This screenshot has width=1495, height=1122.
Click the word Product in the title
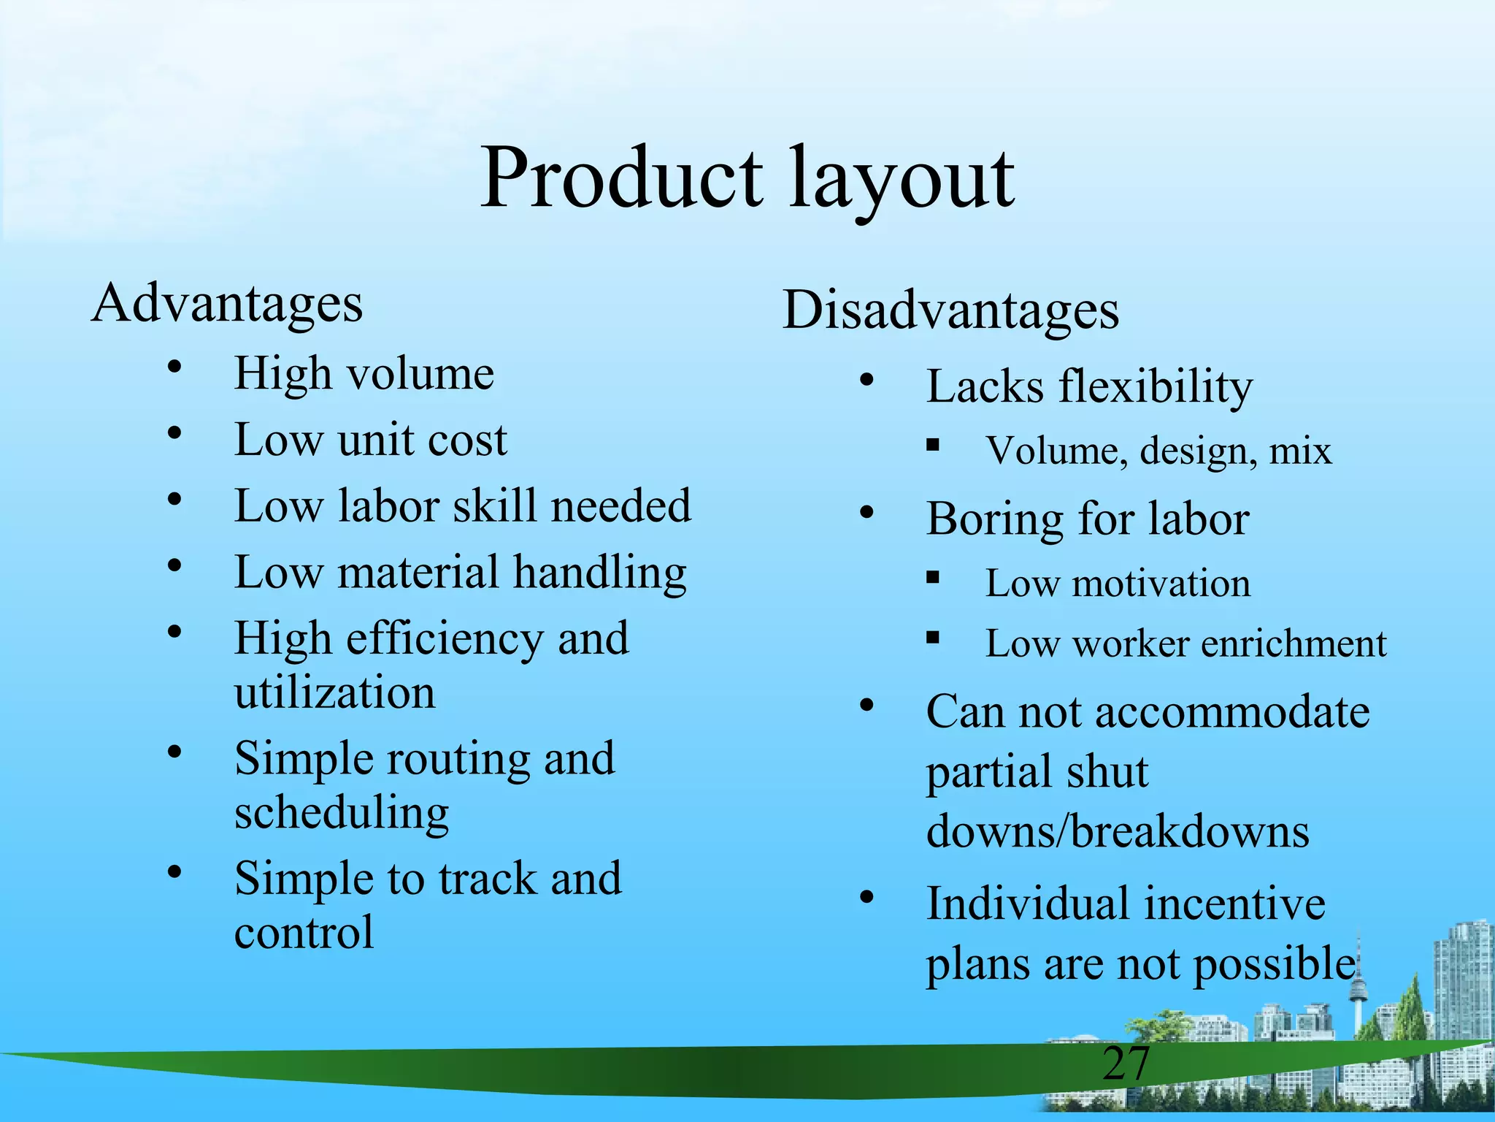tap(621, 179)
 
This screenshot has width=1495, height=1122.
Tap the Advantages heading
tap(227, 303)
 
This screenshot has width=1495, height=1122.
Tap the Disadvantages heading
tap(950, 310)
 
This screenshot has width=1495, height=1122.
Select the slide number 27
tap(1126, 1064)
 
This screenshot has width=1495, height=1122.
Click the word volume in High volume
tap(420, 374)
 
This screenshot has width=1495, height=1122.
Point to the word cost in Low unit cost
tap(467, 440)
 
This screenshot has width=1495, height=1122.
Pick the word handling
tap(599, 573)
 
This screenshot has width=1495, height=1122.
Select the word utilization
tap(334, 692)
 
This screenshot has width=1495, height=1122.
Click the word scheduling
tap(342, 813)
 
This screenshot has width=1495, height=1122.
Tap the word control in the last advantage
tap(304, 933)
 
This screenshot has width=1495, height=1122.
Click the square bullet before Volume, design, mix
tap(932, 444)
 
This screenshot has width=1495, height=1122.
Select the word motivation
tap(1161, 584)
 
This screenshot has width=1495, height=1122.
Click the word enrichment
tap(1294, 644)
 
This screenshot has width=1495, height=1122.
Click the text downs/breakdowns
tap(1118, 832)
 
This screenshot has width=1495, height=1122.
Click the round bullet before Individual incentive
tap(866, 898)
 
